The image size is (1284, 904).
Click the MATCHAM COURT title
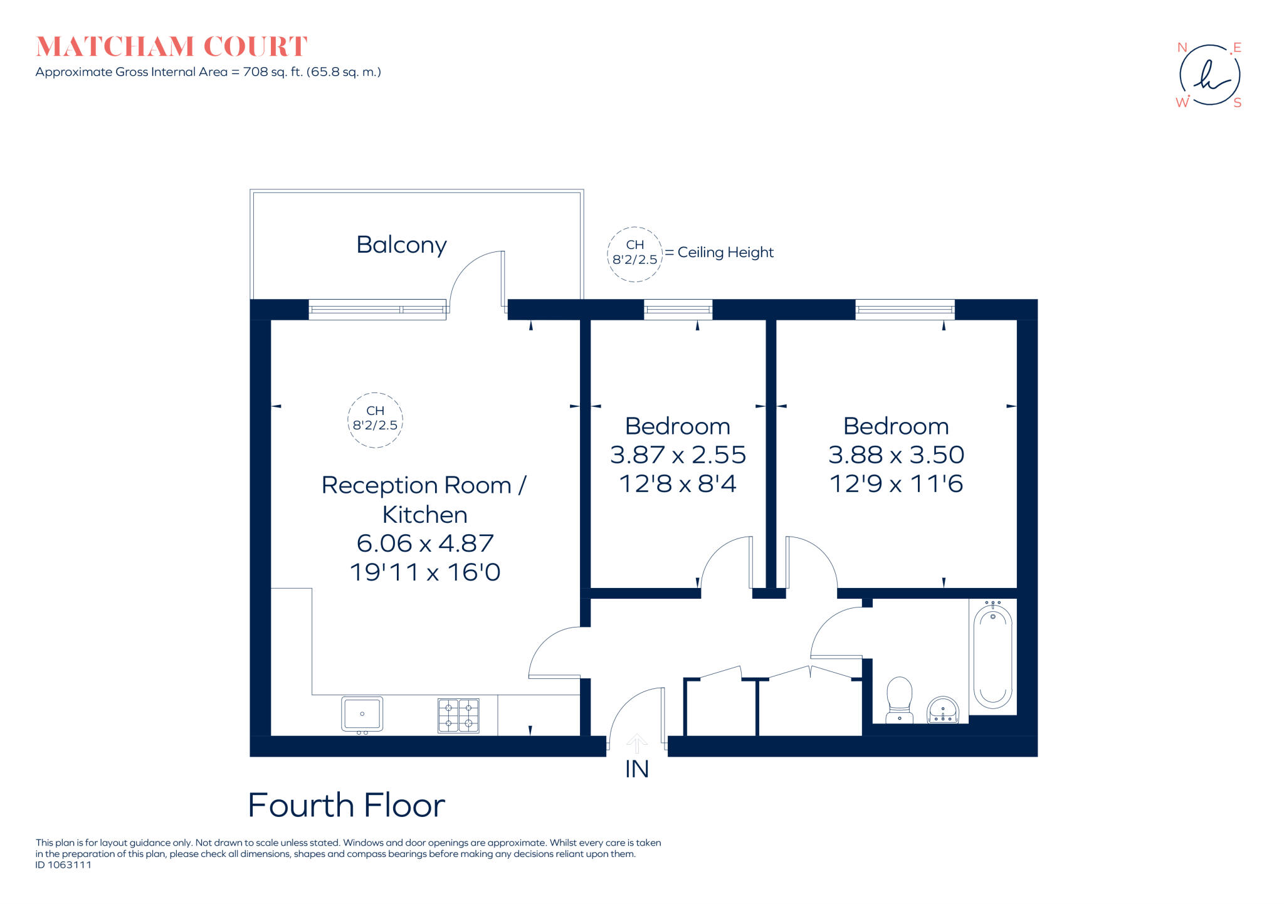[172, 46]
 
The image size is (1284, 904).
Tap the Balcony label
[401, 244]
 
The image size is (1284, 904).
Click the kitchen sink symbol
[362, 714]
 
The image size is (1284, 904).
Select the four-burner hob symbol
[458, 715]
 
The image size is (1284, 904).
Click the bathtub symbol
[992, 656]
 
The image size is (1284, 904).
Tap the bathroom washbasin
[942, 710]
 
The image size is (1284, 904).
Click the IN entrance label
[636, 769]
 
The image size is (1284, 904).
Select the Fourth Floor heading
[346, 806]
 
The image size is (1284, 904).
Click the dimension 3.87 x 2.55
[678, 455]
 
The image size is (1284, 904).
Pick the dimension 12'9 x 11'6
[896, 484]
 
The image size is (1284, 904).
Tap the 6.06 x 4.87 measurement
[425, 543]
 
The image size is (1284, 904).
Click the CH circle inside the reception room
[375, 419]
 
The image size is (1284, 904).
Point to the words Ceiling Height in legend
[725, 252]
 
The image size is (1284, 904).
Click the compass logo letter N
[1182, 48]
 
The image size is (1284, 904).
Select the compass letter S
[1237, 103]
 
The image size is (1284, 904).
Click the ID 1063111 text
[63, 865]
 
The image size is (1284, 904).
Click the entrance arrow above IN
[636, 743]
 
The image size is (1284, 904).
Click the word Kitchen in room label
[425, 515]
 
